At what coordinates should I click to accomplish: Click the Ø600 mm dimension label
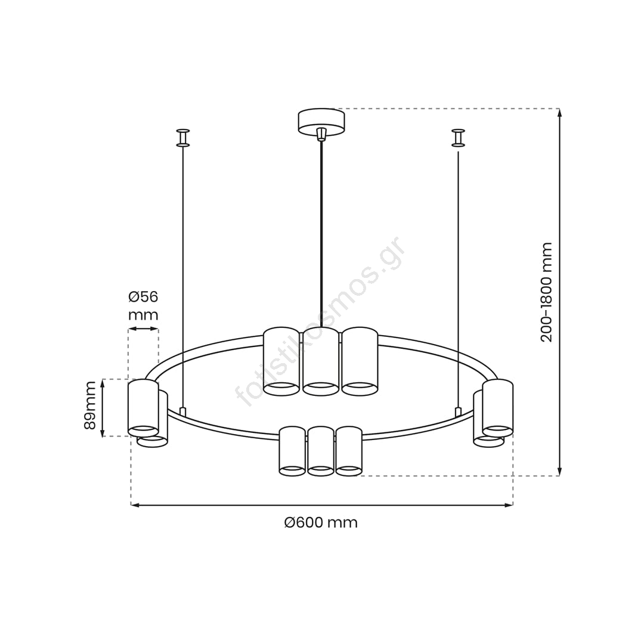(321, 522)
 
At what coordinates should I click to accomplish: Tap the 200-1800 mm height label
(546, 292)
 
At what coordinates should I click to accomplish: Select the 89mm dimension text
(90, 405)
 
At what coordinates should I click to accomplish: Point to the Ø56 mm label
(143, 306)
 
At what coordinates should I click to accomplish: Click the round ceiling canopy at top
(321, 121)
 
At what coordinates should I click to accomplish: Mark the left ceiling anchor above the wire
(183, 138)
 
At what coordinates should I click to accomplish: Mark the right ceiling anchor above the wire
(458, 138)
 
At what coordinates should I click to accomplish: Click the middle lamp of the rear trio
(321, 361)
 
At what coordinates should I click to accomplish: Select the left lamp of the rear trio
(281, 361)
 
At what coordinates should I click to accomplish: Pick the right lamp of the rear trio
(360, 361)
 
